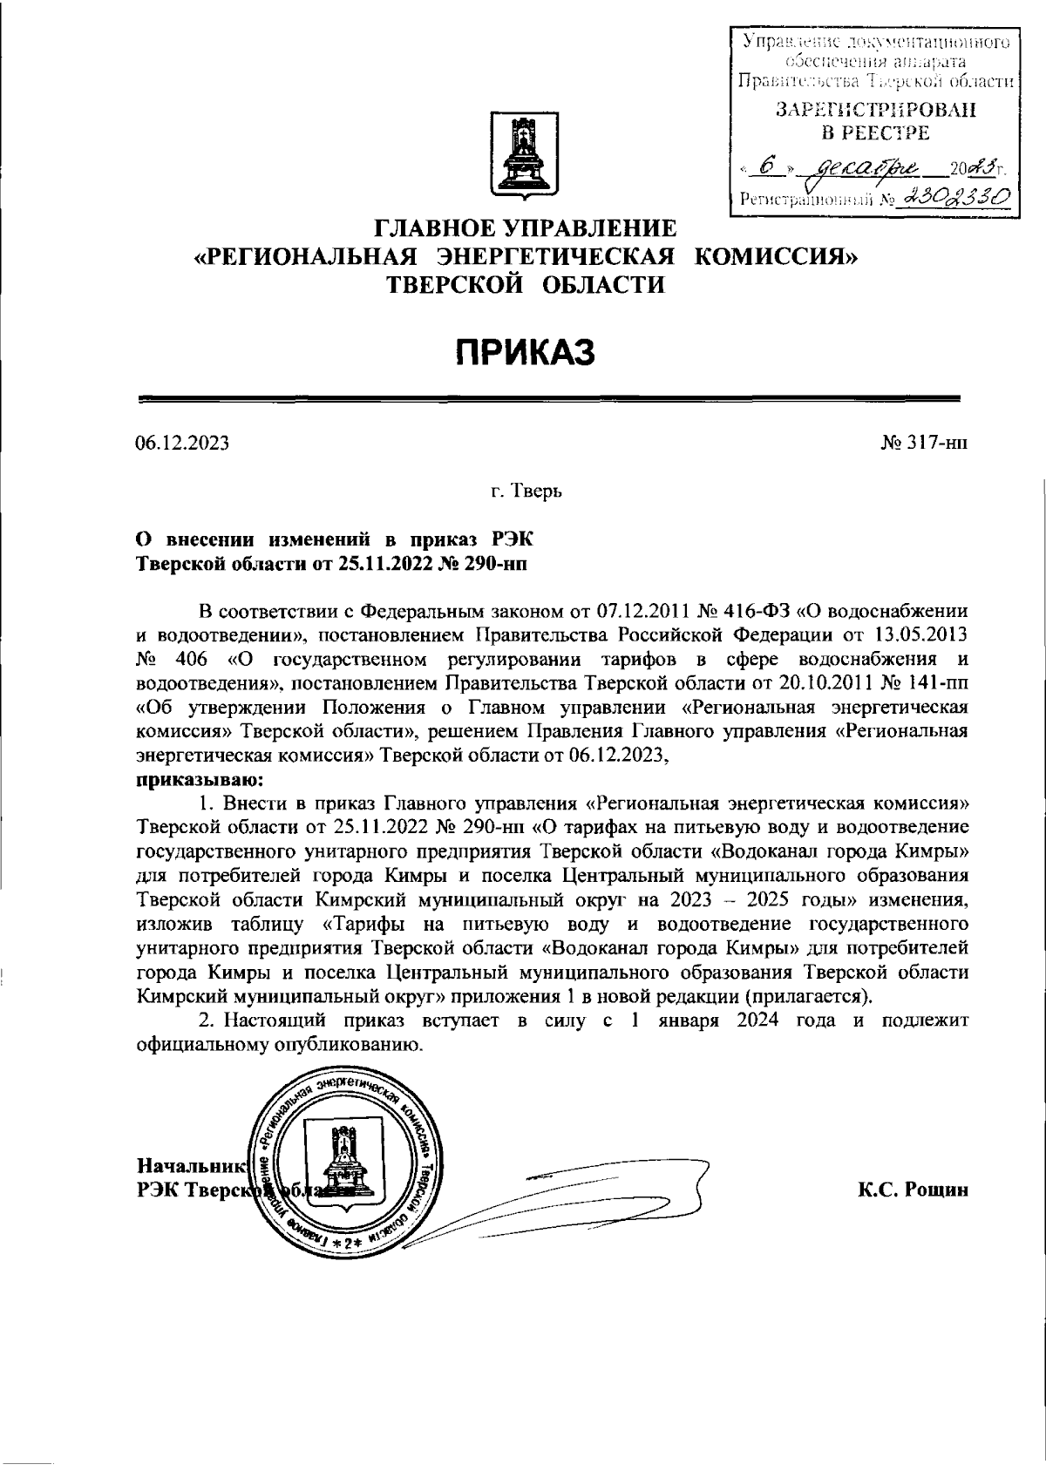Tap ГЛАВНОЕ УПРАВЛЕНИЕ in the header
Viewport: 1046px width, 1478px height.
(526, 229)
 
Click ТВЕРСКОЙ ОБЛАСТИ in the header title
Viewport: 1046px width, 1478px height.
(526, 283)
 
